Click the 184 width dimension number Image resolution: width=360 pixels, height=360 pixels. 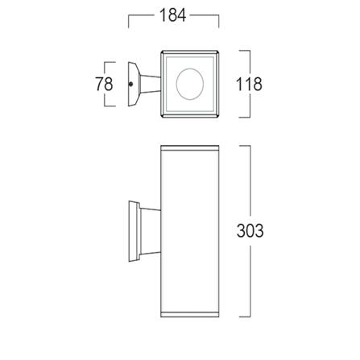tap(174, 16)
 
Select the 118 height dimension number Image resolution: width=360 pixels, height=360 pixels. tap(249, 84)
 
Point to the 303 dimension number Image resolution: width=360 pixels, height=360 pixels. tap(250, 231)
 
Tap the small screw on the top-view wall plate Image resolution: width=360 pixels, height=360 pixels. tap(130, 84)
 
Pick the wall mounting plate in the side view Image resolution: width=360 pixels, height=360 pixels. tap(133, 232)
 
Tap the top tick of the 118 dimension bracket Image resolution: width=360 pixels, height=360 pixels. tap(244, 52)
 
